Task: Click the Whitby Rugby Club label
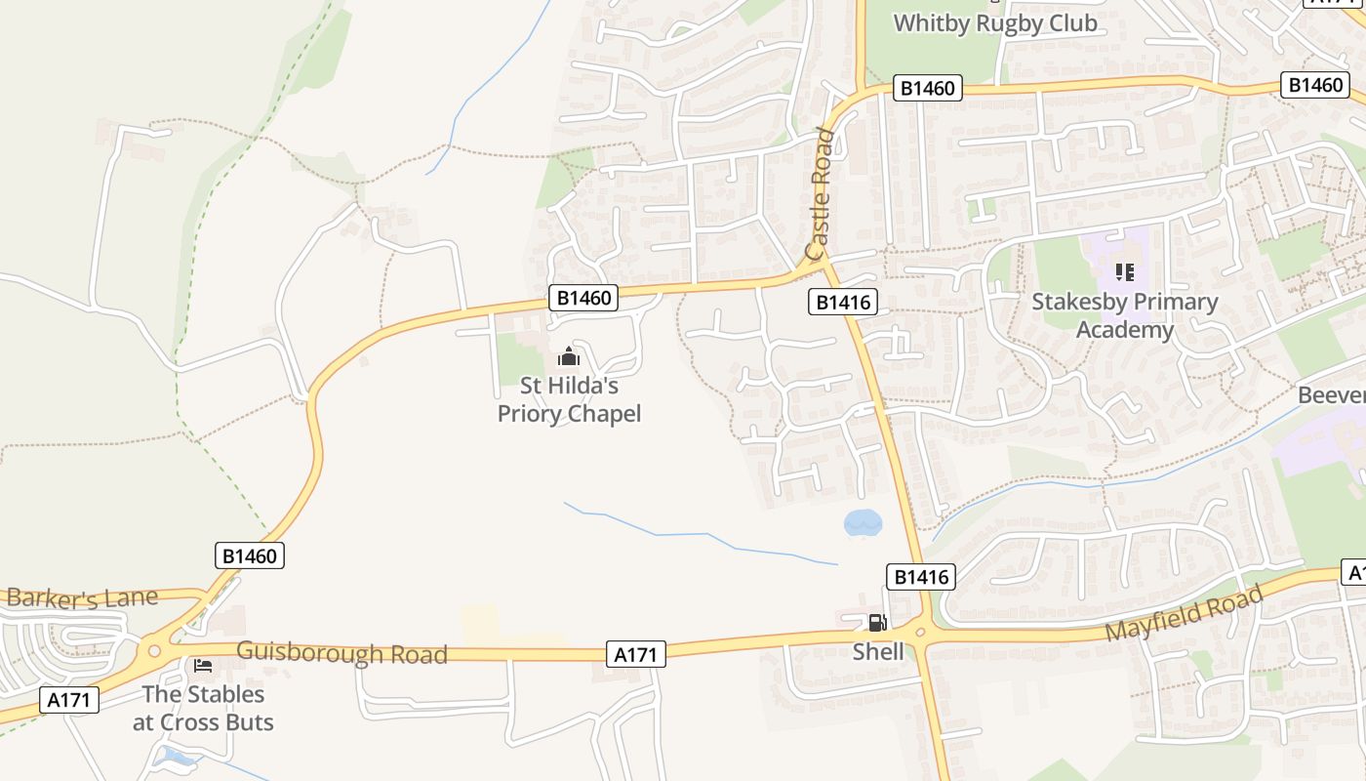tap(995, 22)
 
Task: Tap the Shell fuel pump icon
tap(877, 622)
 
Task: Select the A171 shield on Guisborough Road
tap(635, 654)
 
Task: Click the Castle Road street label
tap(821, 195)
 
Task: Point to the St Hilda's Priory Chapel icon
tap(568, 357)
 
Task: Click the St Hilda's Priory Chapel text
tap(569, 400)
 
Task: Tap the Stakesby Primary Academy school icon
tap(1124, 272)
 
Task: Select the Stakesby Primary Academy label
tap(1124, 316)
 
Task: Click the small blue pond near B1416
tap(863, 523)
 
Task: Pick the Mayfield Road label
tap(1183, 612)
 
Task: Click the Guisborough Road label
tap(341, 652)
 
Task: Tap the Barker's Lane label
tap(81, 597)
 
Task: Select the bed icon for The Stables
tap(203, 666)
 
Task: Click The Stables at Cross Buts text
tap(203, 709)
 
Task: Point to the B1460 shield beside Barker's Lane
tap(249, 555)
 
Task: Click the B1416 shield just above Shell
tap(920, 577)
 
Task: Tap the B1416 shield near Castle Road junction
tap(843, 303)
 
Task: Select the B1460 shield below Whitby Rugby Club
tap(927, 89)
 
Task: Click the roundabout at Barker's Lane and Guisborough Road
tap(153, 650)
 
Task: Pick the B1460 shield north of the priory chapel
tap(583, 298)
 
